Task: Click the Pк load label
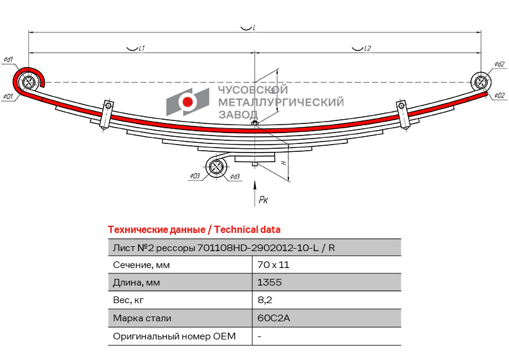263,200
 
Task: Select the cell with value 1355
269,283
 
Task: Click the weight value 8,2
264,300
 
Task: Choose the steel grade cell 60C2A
273,318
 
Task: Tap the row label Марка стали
142,318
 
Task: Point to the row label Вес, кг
129,300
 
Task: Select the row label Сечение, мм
141,265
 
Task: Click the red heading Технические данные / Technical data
194,230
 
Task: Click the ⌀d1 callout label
8,59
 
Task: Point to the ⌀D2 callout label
499,96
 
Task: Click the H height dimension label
283,163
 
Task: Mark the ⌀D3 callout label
195,176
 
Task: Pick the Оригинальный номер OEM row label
174,336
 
